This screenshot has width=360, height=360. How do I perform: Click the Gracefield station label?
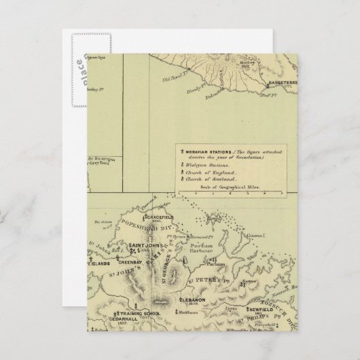pyautogui.click(x=147, y=221)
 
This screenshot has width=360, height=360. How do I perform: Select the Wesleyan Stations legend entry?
pyautogui.click(x=209, y=165)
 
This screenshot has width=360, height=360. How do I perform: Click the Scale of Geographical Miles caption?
pyautogui.click(x=228, y=186)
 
